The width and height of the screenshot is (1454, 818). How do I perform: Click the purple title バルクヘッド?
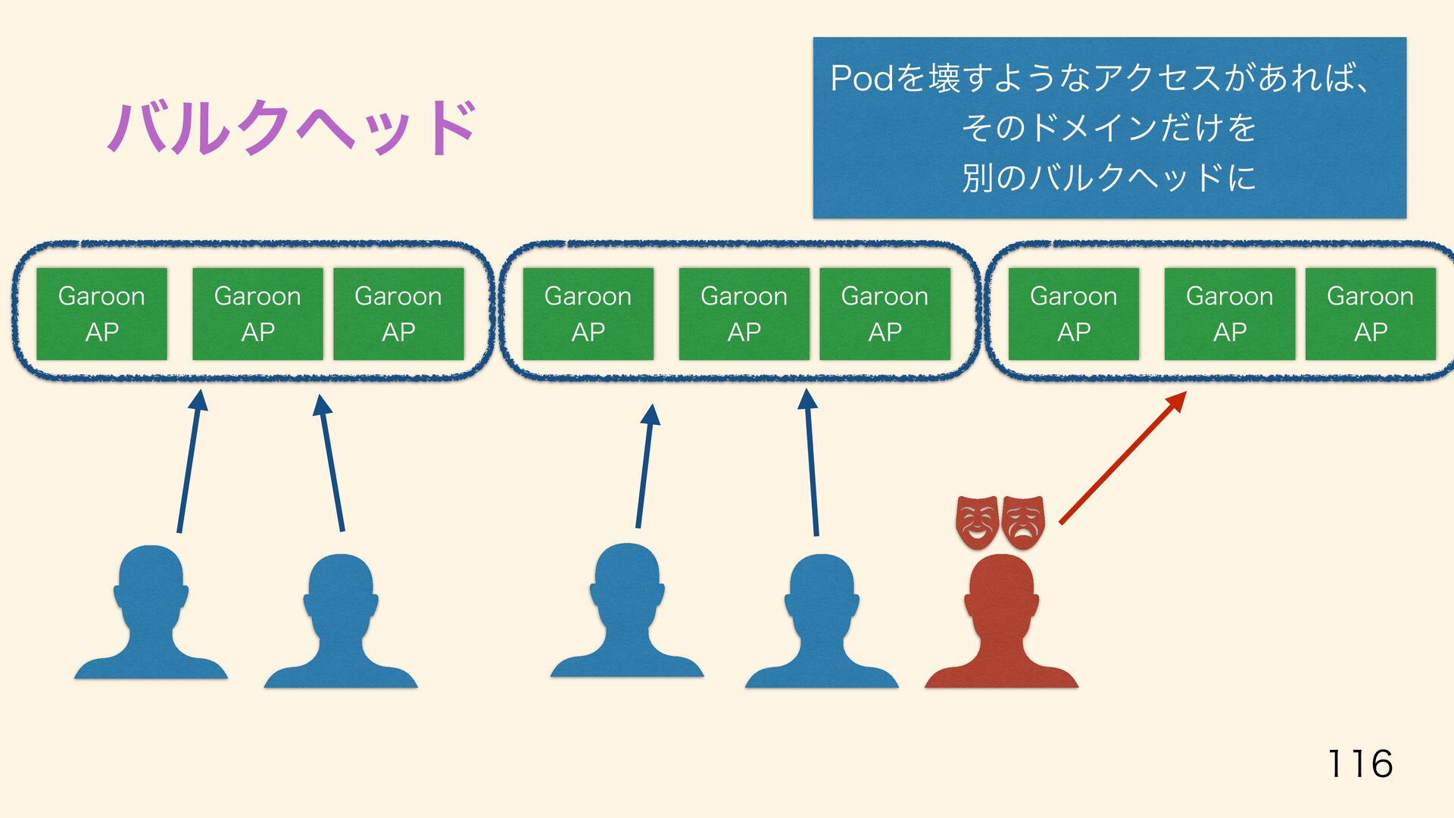(x=292, y=127)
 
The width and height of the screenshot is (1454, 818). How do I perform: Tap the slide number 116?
(x=1359, y=763)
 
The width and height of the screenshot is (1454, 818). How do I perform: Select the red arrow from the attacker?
(x=1122, y=458)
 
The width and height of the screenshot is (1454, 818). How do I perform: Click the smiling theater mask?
(x=977, y=521)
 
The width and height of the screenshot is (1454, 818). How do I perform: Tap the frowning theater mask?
(x=1023, y=521)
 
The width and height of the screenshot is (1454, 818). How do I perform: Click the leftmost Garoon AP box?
(x=101, y=314)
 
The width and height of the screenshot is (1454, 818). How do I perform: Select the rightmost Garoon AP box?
(x=1370, y=314)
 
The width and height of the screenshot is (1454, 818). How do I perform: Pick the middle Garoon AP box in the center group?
(x=744, y=314)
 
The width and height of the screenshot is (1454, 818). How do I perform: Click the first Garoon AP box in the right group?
(x=1073, y=314)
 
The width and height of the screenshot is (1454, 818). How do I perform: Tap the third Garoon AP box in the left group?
(x=398, y=314)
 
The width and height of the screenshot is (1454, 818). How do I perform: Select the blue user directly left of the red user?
(x=822, y=621)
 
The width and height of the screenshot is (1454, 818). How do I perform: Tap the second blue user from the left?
(x=341, y=621)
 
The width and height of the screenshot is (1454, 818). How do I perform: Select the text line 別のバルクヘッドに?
(x=1109, y=178)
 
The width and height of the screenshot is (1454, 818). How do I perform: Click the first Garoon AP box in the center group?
(x=588, y=314)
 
